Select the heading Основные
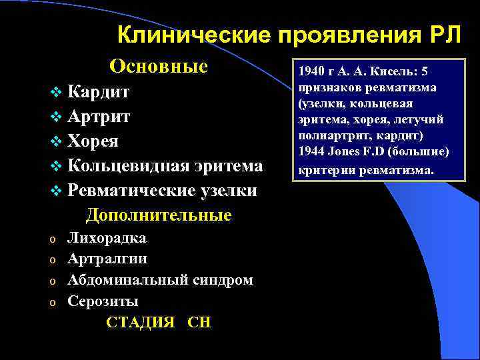pos(159,67)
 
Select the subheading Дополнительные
pos(159,215)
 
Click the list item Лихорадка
pos(107,238)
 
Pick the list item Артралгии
pos(107,259)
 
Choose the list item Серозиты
pos(103,301)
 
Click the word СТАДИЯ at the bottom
pos(141,323)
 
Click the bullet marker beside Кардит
pos(54,93)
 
